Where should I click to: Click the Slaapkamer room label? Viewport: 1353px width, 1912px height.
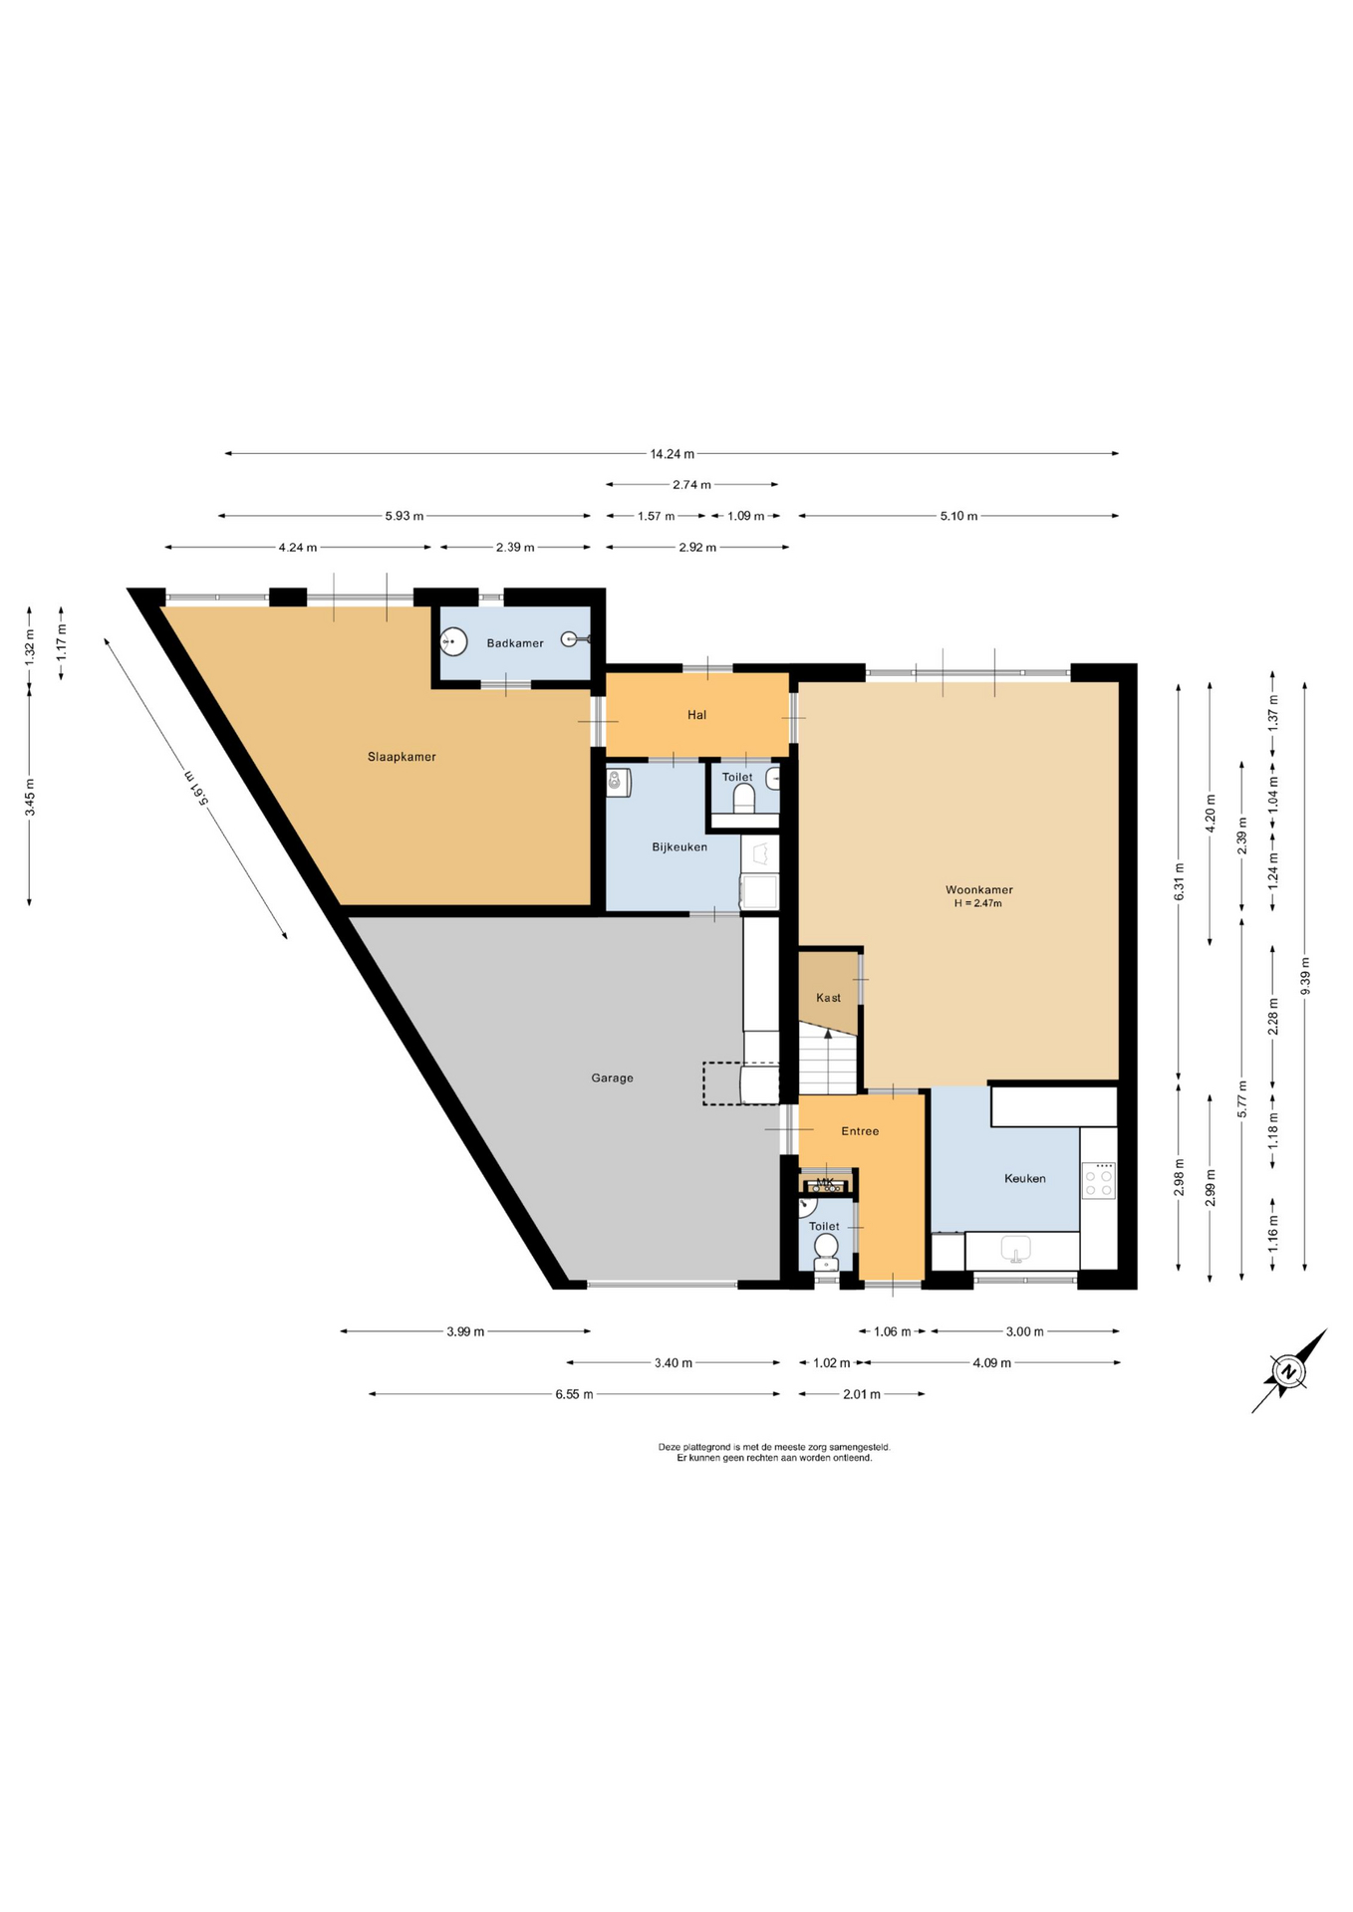402,757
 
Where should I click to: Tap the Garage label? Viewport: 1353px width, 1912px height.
612,1077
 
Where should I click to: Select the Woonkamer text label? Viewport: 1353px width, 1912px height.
978,890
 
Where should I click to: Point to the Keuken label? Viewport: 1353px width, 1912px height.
1024,1179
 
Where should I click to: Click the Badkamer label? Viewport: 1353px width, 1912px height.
515,643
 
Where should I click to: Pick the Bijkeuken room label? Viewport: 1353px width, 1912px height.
679,847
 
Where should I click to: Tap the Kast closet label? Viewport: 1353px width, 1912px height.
828,998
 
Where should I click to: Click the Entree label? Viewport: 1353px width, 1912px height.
860,1131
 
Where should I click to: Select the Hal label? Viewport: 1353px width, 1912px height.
696,715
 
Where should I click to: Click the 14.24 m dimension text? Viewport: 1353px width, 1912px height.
672,454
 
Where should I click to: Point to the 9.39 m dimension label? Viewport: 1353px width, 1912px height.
1305,976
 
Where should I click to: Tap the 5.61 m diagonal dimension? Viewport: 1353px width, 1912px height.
195,788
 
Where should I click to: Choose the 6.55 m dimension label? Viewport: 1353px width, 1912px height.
574,1394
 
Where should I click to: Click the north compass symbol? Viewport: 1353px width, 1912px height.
1289,1371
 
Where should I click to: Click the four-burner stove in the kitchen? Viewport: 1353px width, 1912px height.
1099,1180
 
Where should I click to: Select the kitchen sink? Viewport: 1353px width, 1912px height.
1015,1250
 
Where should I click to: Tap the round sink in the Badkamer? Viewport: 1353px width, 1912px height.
454,641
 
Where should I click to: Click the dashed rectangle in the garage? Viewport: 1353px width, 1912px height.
741,1083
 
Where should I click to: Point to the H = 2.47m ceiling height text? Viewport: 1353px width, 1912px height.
977,904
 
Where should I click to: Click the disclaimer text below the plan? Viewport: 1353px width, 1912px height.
774,1452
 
